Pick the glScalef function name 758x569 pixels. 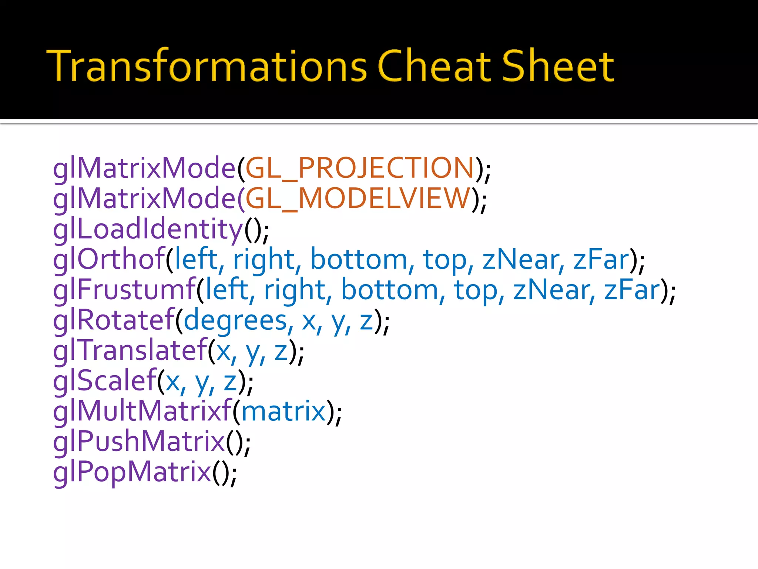(x=105, y=381)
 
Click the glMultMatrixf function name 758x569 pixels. (x=142, y=411)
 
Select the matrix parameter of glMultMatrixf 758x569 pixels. (x=283, y=411)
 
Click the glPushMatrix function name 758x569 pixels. (x=139, y=442)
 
